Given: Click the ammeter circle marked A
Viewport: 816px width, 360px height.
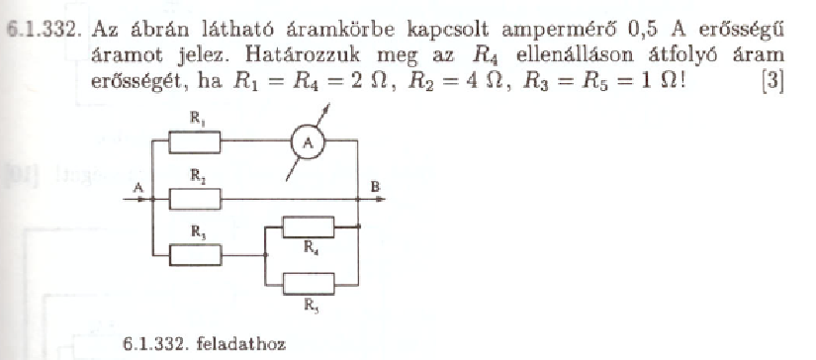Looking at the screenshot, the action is (308, 143).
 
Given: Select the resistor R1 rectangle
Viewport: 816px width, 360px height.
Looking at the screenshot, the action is (195, 142).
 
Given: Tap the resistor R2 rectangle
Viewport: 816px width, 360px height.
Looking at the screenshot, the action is (195, 199).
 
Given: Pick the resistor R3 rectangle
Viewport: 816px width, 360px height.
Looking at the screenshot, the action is (196, 255).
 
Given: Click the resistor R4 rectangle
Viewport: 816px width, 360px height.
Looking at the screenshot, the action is (308, 226).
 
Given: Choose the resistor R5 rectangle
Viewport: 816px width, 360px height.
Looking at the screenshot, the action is (310, 284).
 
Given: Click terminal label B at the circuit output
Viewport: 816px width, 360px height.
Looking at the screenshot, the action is (376, 187).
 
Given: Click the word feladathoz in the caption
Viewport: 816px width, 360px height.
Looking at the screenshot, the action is (245, 344).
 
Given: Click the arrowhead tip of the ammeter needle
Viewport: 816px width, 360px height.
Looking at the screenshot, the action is (329, 105).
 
